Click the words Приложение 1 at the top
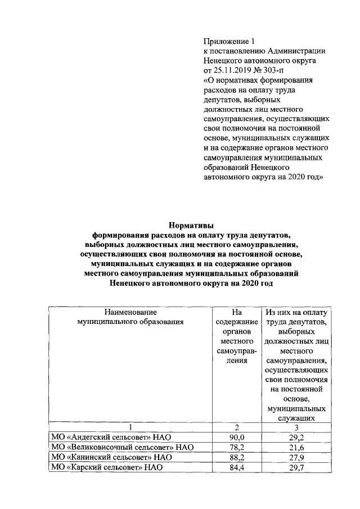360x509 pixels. point(229,41)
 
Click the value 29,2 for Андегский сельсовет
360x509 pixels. point(296,438)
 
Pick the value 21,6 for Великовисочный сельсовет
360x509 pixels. point(296,447)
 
